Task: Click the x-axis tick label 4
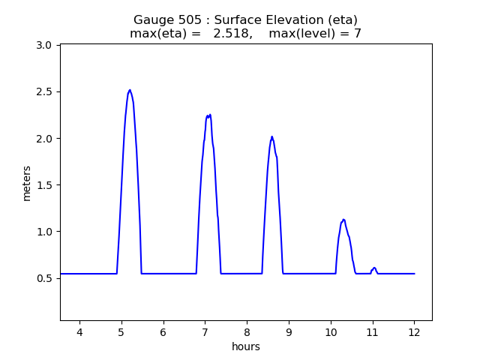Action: [x=79, y=332]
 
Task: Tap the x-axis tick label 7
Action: [x=205, y=332]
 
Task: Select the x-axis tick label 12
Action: [x=414, y=332]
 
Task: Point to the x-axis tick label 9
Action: [x=289, y=332]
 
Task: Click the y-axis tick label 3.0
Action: [x=43, y=46]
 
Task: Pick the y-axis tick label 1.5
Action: [x=43, y=185]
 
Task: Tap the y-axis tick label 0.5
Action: [x=43, y=278]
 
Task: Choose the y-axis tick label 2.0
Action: [x=43, y=139]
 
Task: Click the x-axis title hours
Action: [x=246, y=346]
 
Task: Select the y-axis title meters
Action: [x=27, y=183]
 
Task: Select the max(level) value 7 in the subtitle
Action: [x=358, y=34]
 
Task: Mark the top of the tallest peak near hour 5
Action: [x=130, y=90]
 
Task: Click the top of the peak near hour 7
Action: [x=210, y=115]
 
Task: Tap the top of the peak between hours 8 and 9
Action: [x=271, y=136]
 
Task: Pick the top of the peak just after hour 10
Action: [x=343, y=220]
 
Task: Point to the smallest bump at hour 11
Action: [x=374, y=268]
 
